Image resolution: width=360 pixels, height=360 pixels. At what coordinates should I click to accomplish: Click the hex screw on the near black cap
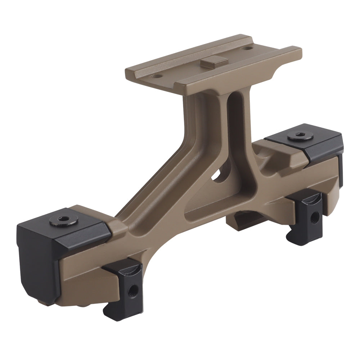pos(64,219)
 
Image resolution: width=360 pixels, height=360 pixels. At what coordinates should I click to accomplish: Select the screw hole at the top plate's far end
pos(247,48)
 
